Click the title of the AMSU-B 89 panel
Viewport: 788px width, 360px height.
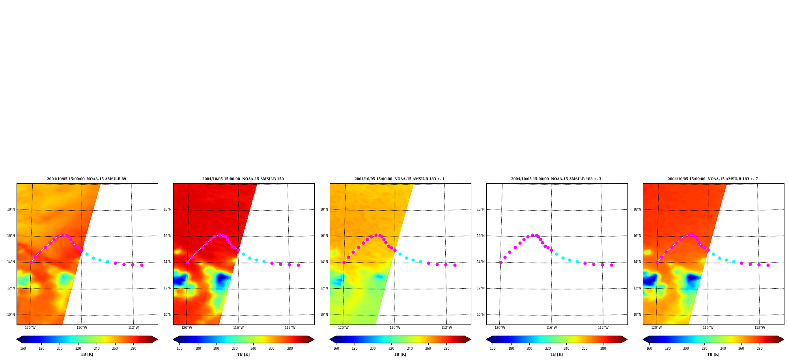point(86,179)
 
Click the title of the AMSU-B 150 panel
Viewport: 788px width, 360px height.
point(243,179)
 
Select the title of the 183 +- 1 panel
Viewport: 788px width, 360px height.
point(400,179)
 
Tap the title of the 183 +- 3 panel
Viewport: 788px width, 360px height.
point(556,179)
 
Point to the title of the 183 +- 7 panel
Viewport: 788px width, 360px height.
point(713,179)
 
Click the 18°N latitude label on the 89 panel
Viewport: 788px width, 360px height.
point(11,209)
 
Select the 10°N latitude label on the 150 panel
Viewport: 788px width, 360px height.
point(168,315)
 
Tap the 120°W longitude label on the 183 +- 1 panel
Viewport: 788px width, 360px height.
point(343,328)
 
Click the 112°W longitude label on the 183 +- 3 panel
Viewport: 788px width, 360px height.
point(603,328)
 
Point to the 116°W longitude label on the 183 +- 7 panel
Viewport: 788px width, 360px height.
point(708,328)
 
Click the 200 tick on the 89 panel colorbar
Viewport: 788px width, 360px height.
point(60,349)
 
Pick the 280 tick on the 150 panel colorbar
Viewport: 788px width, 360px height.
point(290,349)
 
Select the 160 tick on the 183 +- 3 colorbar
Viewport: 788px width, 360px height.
point(493,349)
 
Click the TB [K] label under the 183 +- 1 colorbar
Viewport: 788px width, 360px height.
point(400,354)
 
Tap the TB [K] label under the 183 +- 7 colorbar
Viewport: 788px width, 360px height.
point(713,354)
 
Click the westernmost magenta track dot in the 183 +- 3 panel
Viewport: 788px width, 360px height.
point(500,262)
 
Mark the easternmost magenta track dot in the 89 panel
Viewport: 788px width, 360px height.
point(142,265)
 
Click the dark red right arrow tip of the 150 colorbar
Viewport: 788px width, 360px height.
point(314,339)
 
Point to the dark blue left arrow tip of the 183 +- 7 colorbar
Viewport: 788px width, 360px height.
point(643,339)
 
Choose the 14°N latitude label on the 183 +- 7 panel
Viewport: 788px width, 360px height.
point(637,262)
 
